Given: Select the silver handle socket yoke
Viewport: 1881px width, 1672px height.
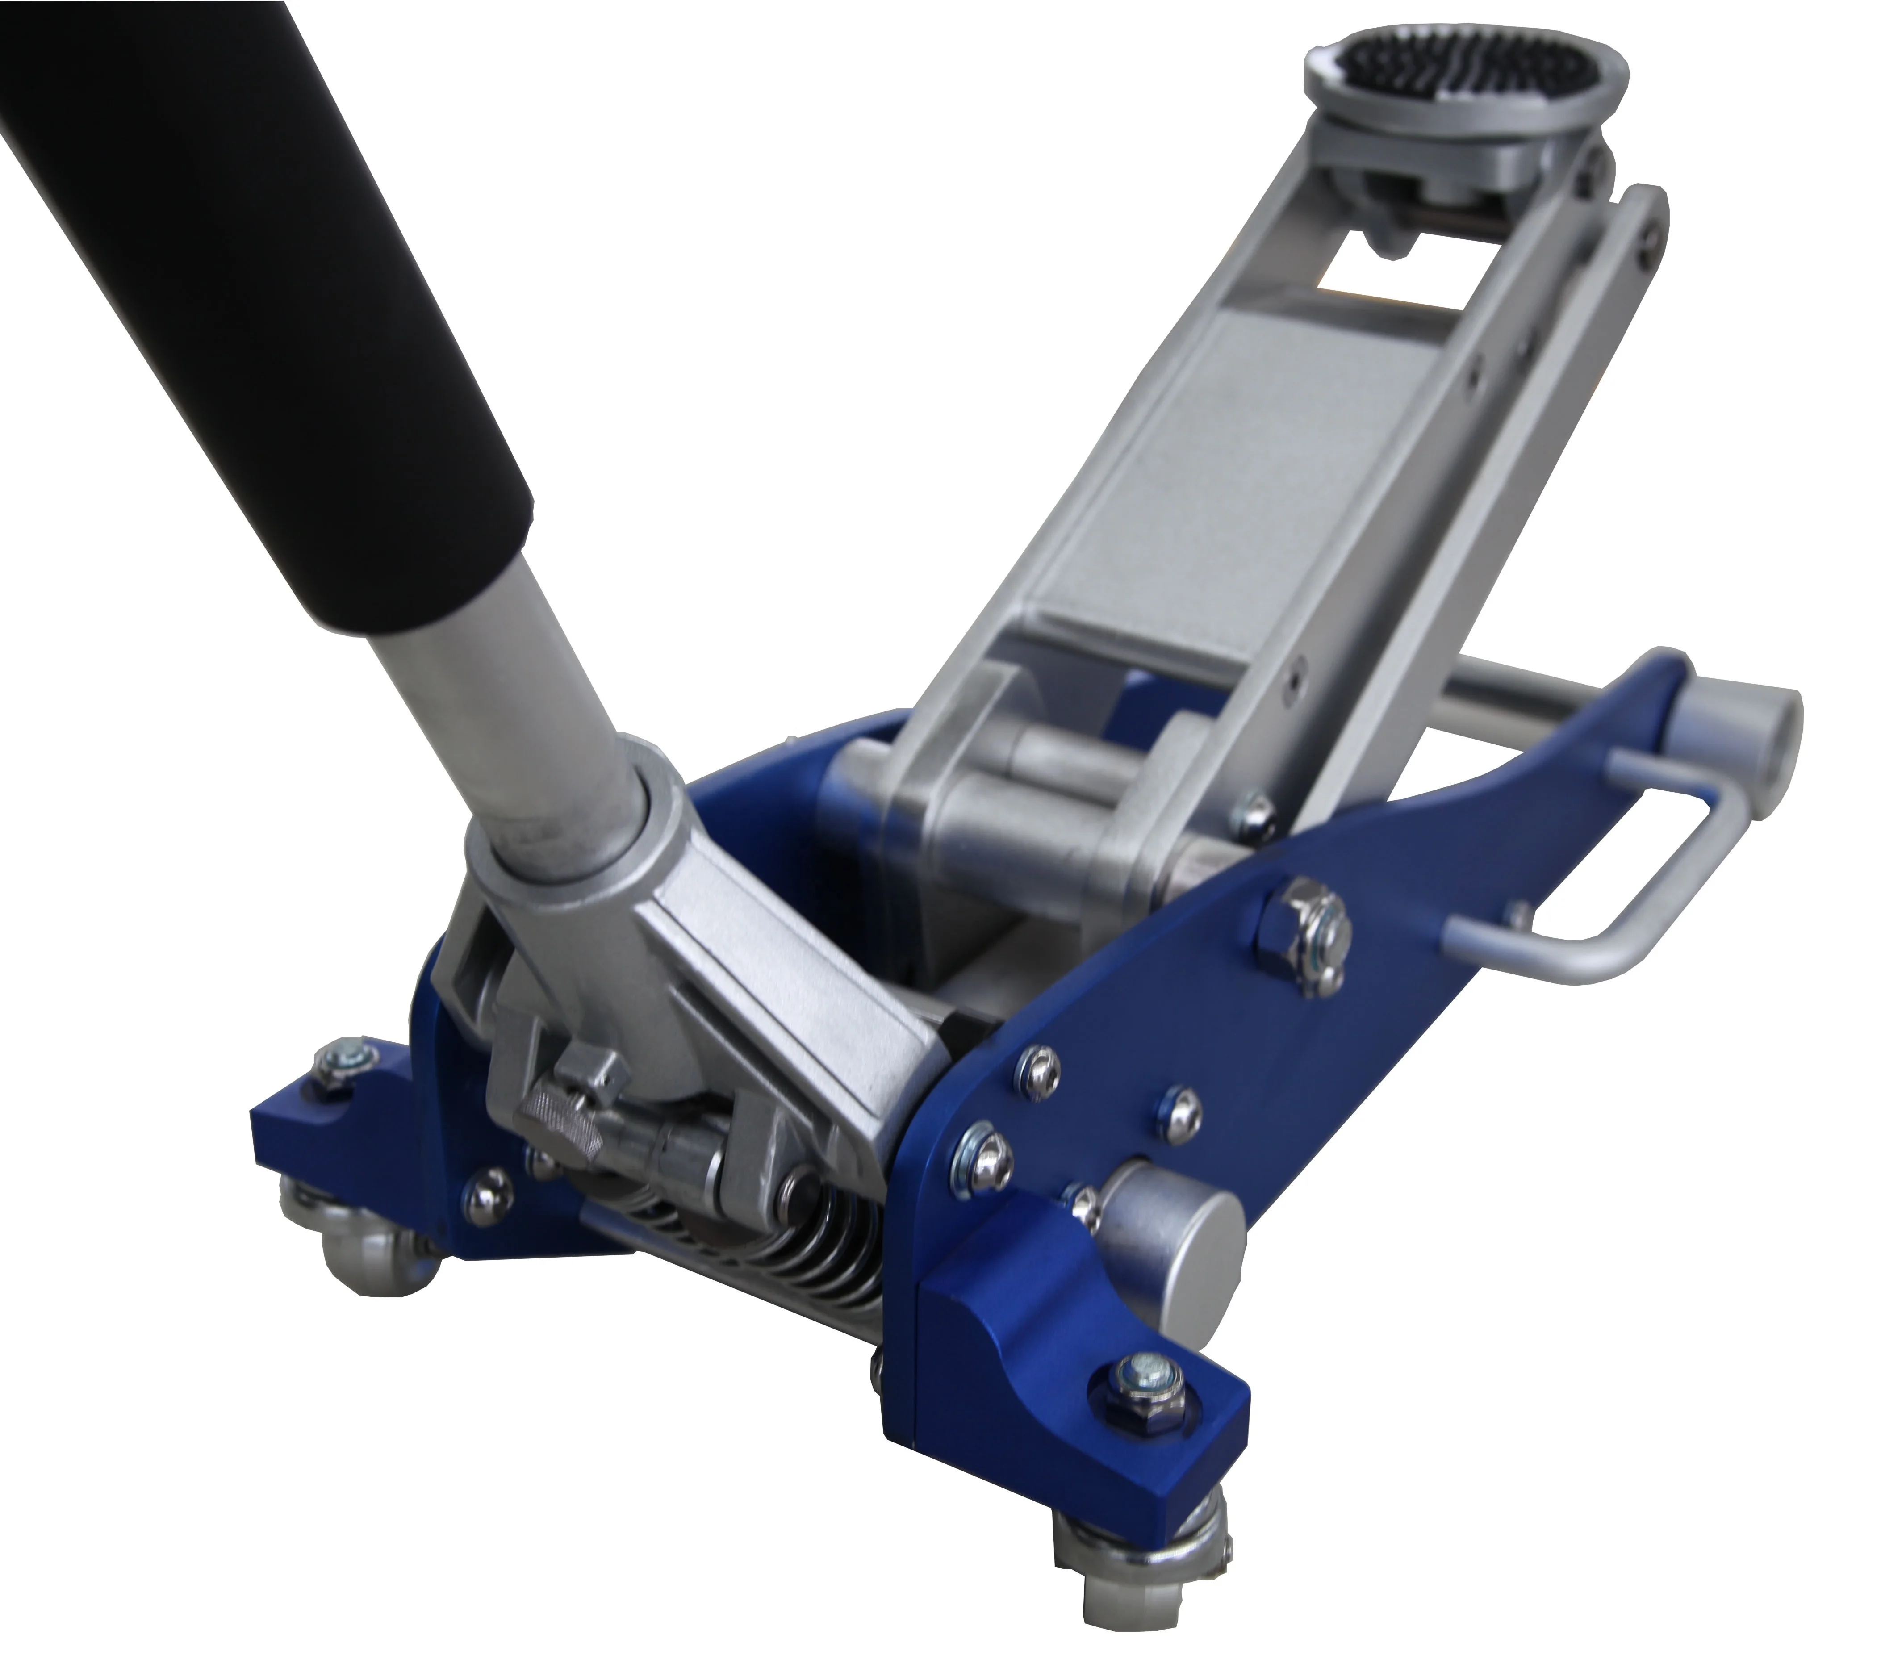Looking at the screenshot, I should pos(644,883).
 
